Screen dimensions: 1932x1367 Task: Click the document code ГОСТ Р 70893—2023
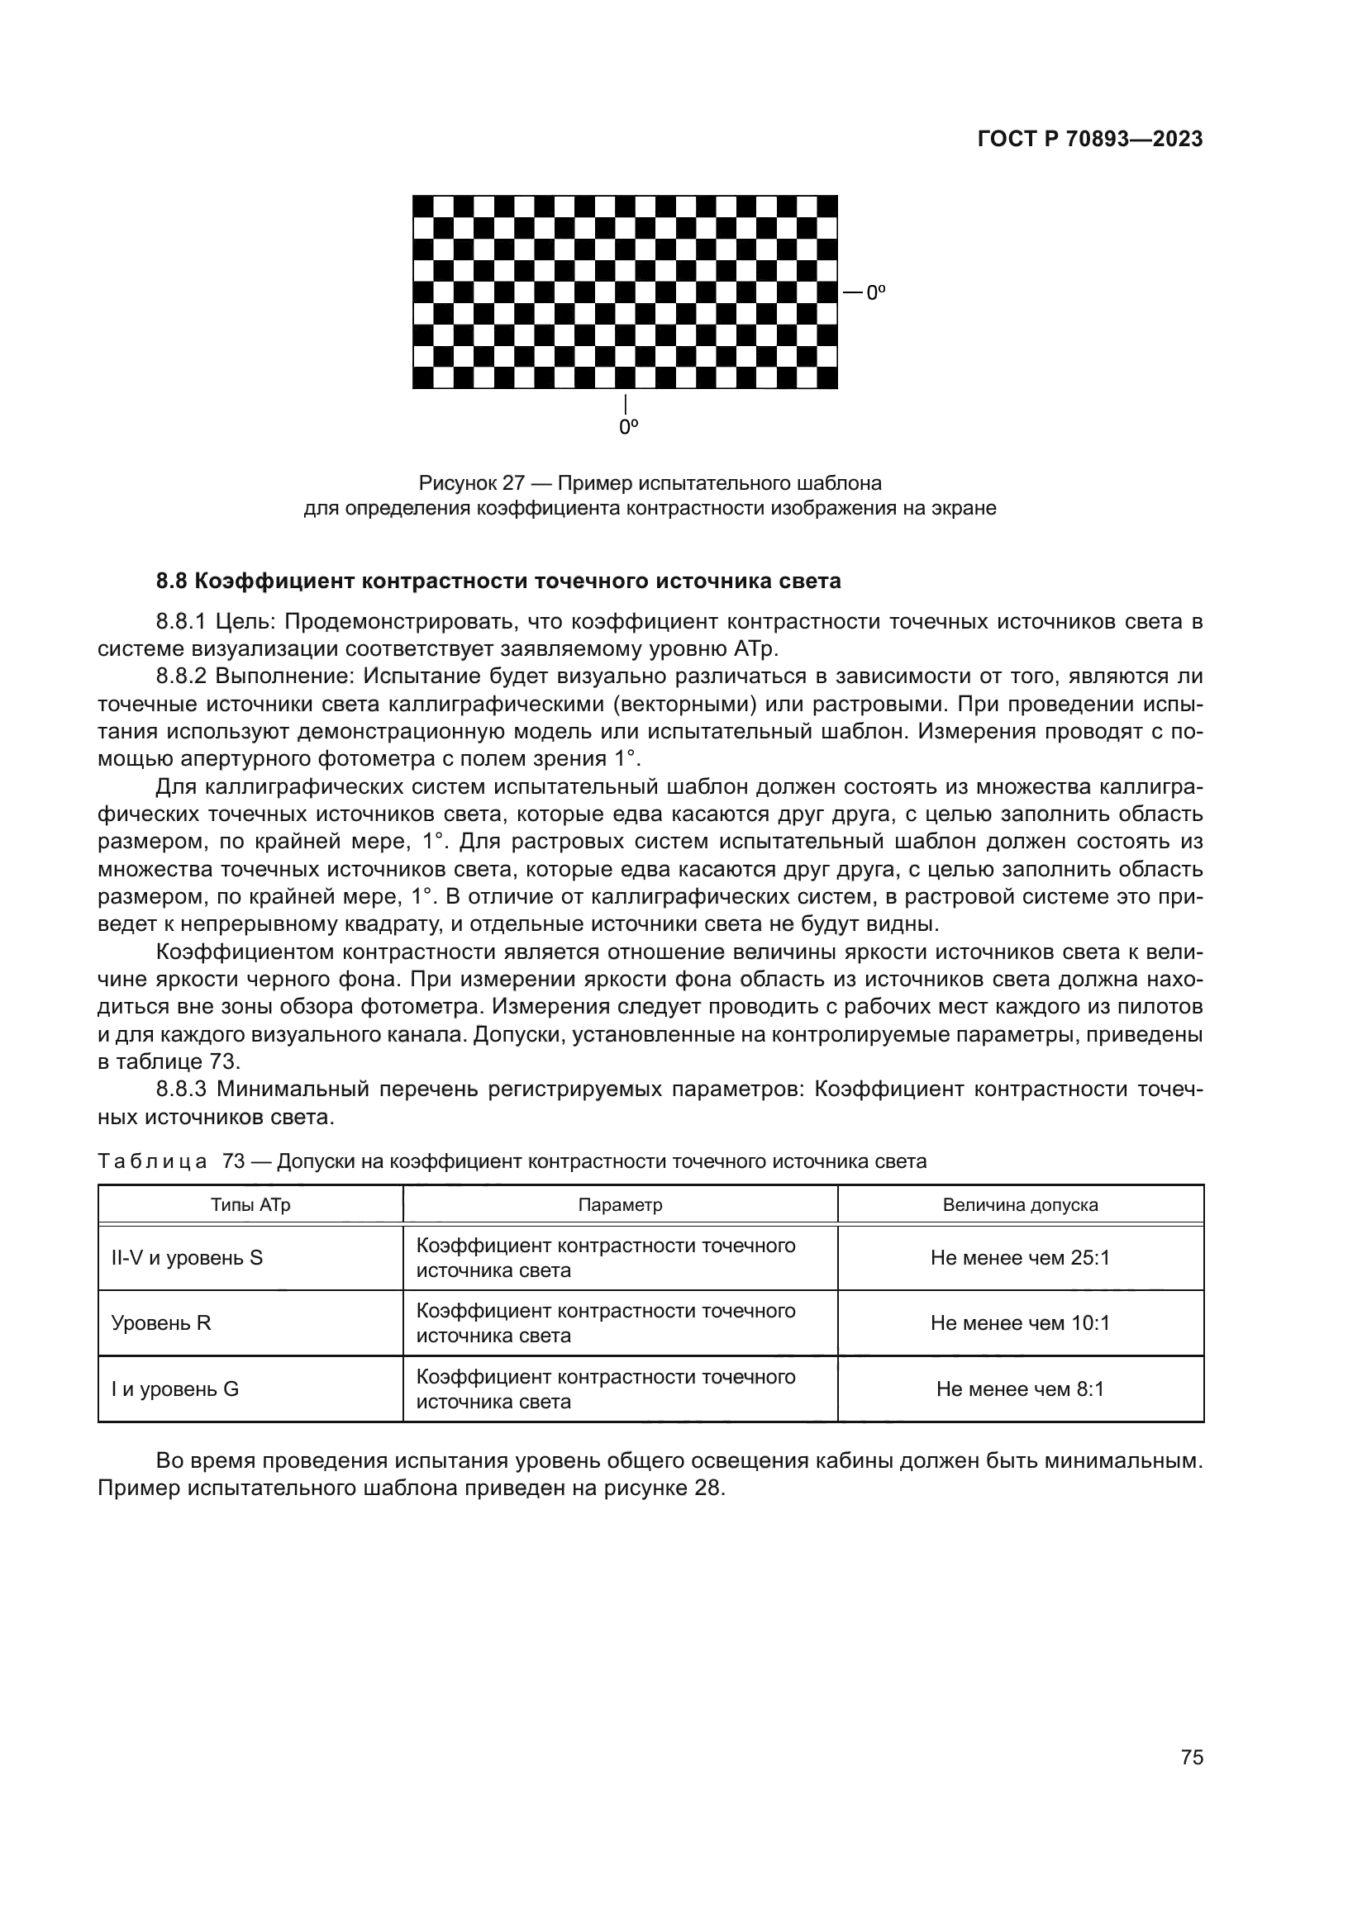[x=1089, y=140]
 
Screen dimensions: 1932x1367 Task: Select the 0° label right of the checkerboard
[x=875, y=293]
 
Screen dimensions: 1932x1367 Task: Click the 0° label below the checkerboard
[x=628, y=428]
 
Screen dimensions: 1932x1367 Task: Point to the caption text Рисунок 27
[x=471, y=484]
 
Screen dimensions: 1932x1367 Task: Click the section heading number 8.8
[x=172, y=581]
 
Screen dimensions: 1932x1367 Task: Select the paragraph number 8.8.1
[x=181, y=623]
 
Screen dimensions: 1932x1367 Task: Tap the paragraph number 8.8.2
[x=181, y=676]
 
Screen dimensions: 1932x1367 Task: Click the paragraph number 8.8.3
[x=181, y=1089]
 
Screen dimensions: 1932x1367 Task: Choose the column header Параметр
[x=620, y=1205]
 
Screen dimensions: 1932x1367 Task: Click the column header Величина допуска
[x=1019, y=1205]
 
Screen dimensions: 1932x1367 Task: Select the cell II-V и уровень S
[x=187, y=1258]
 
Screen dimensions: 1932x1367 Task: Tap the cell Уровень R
[x=161, y=1323]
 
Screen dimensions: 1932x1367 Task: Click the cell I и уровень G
[x=175, y=1389]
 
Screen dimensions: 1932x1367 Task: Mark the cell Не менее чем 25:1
[x=1019, y=1258]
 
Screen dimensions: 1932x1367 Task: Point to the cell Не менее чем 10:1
[x=1019, y=1323]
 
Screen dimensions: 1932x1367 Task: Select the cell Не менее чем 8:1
[x=1019, y=1389]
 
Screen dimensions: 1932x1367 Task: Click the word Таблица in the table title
[x=152, y=1162]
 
